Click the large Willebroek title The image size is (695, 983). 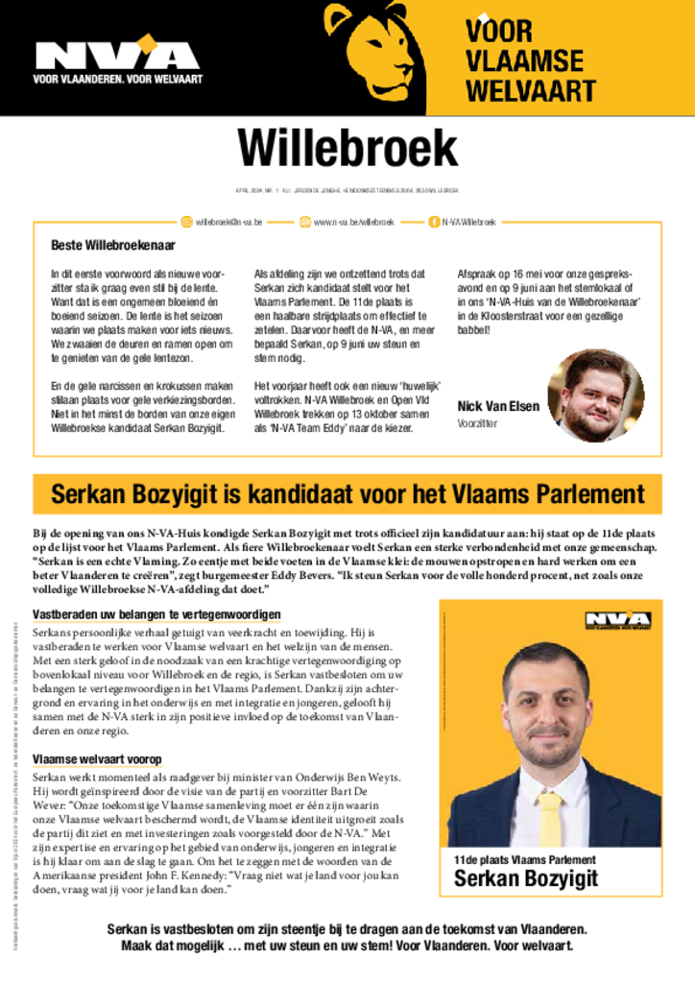click(347, 148)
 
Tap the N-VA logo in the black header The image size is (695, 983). click(104, 52)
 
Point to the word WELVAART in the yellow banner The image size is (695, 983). click(530, 92)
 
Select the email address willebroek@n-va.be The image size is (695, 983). click(228, 222)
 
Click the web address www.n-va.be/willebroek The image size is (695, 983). click(353, 222)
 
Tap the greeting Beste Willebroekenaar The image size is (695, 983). click(113, 246)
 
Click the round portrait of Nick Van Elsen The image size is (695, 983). click(595, 395)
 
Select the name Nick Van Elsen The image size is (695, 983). click(498, 406)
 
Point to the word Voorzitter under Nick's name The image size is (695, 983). click(477, 423)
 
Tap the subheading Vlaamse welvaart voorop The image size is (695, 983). click(97, 759)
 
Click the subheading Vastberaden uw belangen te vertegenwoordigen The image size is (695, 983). click(156, 614)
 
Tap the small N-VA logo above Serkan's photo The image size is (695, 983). click(618, 620)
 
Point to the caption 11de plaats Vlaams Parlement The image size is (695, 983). click(524, 860)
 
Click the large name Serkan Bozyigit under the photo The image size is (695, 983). click(525, 878)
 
